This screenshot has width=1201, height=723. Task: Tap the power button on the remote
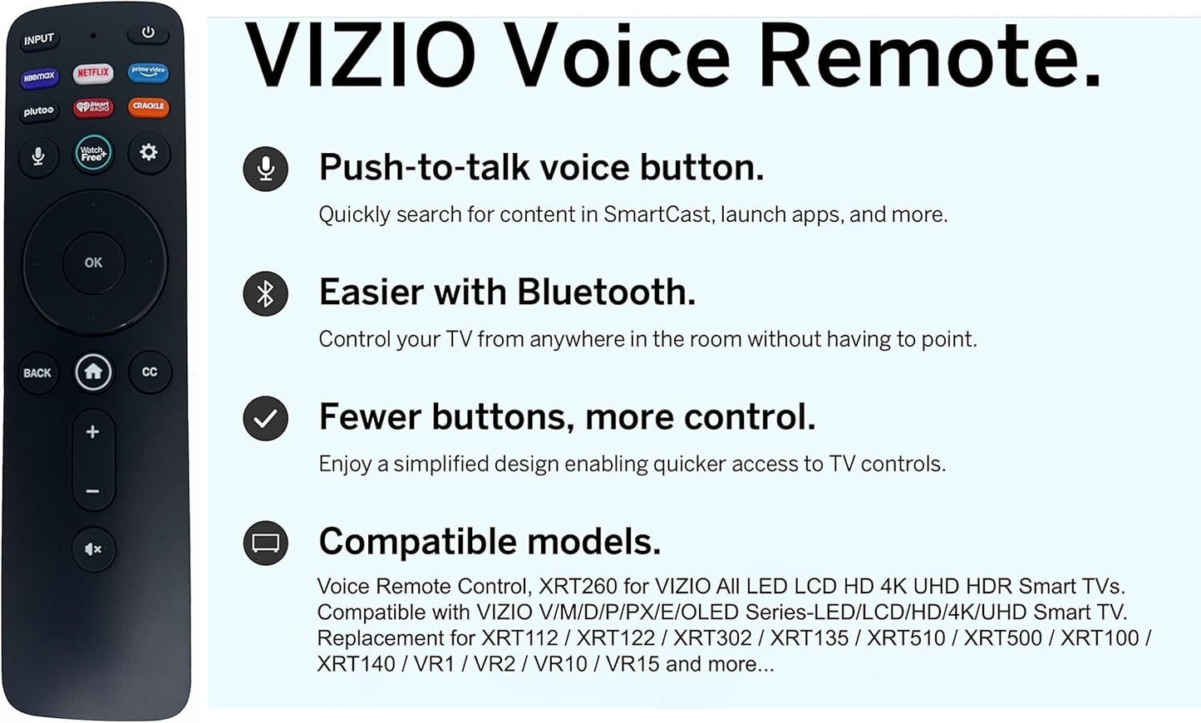[148, 33]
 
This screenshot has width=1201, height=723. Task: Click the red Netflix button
[93, 73]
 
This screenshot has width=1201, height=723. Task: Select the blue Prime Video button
[148, 71]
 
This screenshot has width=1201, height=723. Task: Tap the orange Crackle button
[148, 106]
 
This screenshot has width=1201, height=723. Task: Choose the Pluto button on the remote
[38, 111]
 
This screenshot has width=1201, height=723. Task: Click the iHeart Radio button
[93, 107]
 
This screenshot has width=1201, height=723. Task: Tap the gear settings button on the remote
[149, 153]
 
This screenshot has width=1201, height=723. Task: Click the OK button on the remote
[93, 263]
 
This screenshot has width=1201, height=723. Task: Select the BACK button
[37, 373]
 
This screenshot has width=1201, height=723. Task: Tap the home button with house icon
[93, 371]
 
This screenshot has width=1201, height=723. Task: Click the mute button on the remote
[93, 548]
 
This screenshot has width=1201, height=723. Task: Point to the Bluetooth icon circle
[265, 293]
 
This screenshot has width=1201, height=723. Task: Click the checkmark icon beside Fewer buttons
[265, 419]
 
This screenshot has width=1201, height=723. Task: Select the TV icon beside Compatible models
[265, 543]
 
